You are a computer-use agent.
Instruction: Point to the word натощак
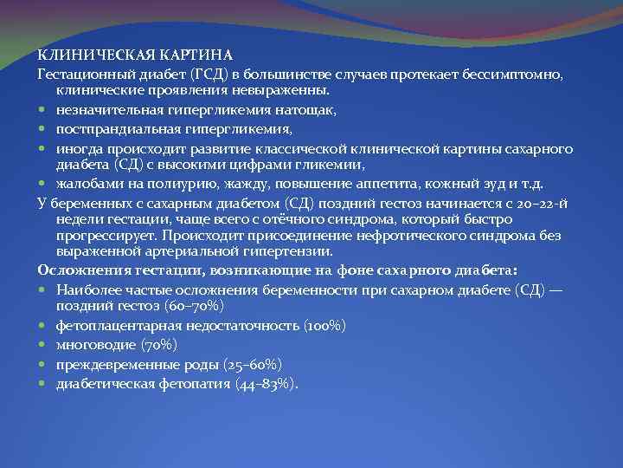[308, 110]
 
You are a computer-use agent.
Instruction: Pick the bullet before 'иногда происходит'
[43, 149]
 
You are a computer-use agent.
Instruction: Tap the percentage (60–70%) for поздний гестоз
[196, 306]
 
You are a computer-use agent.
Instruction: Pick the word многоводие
[94, 344]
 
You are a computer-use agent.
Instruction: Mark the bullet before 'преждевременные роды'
[43, 363]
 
